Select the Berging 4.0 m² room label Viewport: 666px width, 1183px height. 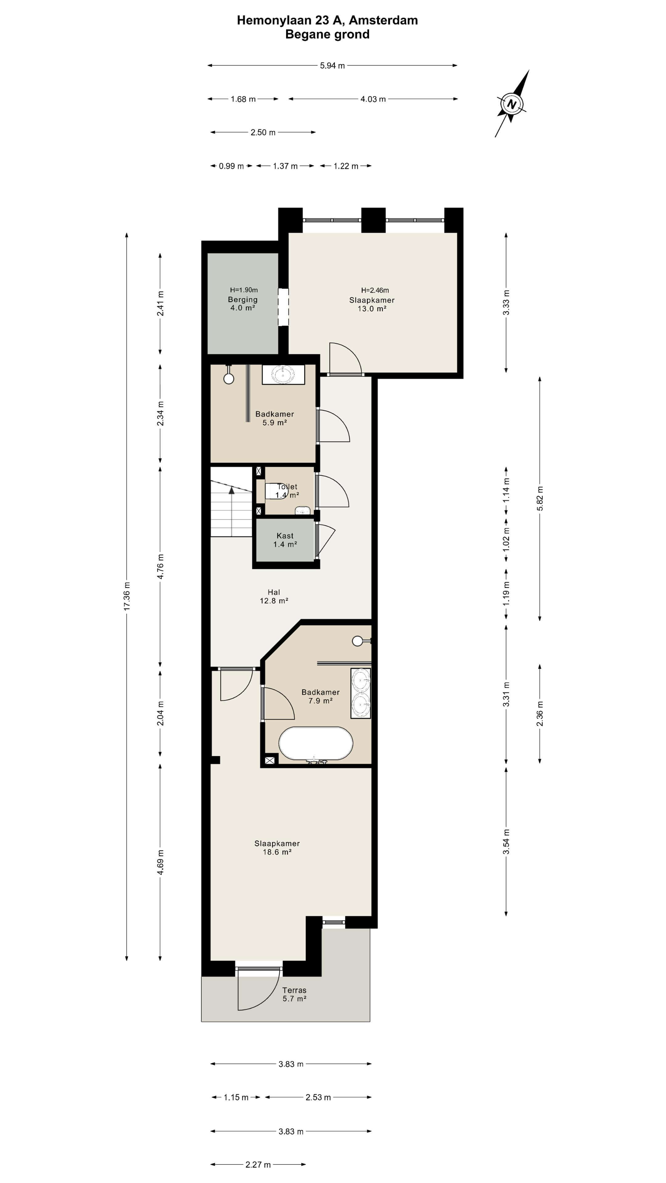point(243,303)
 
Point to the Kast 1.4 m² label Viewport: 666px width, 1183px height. point(285,540)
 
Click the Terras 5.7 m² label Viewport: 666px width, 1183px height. point(294,994)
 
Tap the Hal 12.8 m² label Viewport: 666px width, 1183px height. point(274,596)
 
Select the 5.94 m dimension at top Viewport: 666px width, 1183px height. point(332,66)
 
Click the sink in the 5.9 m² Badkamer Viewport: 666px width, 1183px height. point(283,374)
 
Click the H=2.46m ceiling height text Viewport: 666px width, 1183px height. point(375,290)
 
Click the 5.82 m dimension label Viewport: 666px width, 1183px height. point(540,498)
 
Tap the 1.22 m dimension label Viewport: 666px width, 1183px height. point(346,166)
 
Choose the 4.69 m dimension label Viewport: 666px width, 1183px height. point(160,862)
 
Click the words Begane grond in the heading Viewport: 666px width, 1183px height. point(327,35)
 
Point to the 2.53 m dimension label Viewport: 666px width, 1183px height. point(318,1097)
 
